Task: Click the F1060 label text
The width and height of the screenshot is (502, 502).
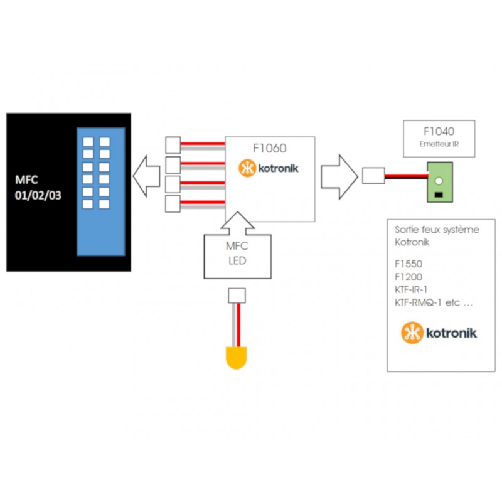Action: click(269, 149)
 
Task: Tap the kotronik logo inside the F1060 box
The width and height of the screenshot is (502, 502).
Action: click(269, 168)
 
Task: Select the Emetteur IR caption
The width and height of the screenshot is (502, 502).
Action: click(439, 145)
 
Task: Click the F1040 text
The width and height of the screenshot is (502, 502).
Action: click(439, 133)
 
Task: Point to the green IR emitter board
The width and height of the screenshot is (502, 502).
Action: click(439, 183)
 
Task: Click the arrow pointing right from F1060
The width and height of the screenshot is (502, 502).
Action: click(338, 174)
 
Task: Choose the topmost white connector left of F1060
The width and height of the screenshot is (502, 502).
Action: click(172, 145)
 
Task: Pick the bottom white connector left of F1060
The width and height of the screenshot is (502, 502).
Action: click(172, 205)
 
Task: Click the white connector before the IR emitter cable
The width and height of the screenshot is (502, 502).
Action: click(373, 175)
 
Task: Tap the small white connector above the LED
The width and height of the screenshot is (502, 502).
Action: click(237, 295)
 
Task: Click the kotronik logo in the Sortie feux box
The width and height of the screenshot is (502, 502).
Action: click(439, 333)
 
